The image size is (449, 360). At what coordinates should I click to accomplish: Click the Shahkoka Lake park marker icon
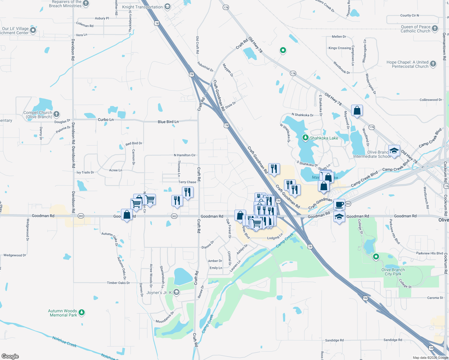(x=306, y=138)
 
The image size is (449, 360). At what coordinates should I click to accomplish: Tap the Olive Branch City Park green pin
(x=376, y=257)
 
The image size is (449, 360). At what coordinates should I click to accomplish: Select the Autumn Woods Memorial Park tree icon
(x=81, y=313)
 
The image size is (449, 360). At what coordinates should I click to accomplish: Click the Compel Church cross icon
(x=56, y=114)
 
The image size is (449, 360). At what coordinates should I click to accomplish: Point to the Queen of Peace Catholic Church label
(x=415, y=29)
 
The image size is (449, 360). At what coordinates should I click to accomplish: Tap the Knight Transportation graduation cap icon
(x=167, y=7)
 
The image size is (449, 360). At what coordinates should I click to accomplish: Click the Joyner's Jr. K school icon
(x=176, y=292)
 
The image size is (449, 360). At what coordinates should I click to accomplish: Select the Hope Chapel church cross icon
(x=433, y=64)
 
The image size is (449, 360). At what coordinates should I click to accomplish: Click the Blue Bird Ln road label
(x=168, y=122)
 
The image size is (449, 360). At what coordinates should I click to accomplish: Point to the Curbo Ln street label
(x=106, y=120)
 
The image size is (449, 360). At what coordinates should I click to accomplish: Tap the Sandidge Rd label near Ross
(x=334, y=340)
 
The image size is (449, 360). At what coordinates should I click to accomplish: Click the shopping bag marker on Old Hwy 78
(x=357, y=110)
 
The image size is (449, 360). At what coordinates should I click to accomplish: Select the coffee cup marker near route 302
(x=339, y=204)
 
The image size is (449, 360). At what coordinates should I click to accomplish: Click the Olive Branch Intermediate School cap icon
(x=394, y=151)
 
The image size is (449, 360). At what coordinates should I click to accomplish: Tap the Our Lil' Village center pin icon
(x=33, y=30)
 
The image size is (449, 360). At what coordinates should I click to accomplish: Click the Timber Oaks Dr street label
(x=118, y=283)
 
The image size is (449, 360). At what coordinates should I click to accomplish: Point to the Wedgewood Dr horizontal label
(x=15, y=255)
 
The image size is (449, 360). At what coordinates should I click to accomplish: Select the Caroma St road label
(x=435, y=298)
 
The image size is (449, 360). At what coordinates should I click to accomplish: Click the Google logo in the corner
(x=10, y=356)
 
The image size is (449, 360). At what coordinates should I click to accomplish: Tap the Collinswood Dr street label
(x=431, y=100)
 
